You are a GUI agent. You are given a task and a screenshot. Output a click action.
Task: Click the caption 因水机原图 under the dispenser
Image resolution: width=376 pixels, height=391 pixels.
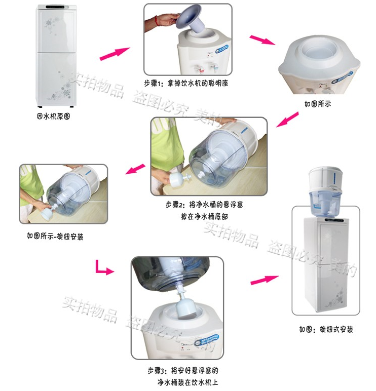click(x=53, y=116)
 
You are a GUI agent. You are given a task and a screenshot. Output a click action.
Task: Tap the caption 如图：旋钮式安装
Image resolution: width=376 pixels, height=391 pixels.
click(x=326, y=329)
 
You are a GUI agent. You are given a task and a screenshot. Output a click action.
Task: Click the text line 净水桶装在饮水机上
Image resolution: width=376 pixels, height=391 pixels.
click(x=188, y=382)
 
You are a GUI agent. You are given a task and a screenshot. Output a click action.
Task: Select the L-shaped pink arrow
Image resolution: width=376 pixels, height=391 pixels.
click(x=103, y=268)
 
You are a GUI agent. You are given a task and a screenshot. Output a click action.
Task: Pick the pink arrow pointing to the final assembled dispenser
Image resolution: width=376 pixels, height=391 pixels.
click(x=265, y=279)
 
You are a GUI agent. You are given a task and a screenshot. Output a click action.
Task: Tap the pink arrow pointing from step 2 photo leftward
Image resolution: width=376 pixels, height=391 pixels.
click(x=135, y=169)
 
